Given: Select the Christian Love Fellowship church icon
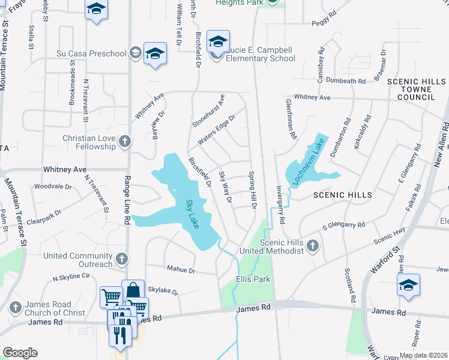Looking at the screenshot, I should [125, 142].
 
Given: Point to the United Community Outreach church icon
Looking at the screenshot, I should [121, 259].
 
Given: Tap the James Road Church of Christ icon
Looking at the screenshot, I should [16, 308].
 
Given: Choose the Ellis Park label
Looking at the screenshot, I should [253, 279].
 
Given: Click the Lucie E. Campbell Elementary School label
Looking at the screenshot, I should [261, 54].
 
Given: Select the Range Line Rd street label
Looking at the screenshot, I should [127, 204].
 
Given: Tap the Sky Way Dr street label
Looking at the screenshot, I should [225, 187].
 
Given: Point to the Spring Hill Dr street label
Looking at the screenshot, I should [253, 191].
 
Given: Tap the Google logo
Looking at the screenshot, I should [20, 353].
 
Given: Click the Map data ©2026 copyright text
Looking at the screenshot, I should [423, 355].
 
